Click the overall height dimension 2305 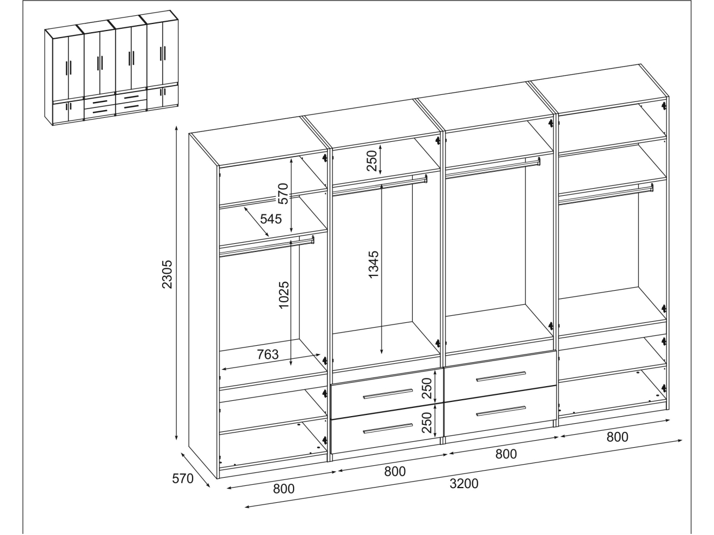167,274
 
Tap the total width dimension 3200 464,484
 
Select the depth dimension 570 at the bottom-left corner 182,478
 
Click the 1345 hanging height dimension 374,264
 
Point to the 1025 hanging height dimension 284,295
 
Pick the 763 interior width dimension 267,354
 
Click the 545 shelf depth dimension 271,219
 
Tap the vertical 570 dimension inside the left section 283,194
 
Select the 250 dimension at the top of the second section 372,160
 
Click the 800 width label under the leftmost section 284,489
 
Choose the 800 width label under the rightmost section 617,437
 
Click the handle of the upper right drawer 501,376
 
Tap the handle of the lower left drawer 388,429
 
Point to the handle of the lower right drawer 501,411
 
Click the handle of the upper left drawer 388,394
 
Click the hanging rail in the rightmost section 606,194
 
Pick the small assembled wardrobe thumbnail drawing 111,68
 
